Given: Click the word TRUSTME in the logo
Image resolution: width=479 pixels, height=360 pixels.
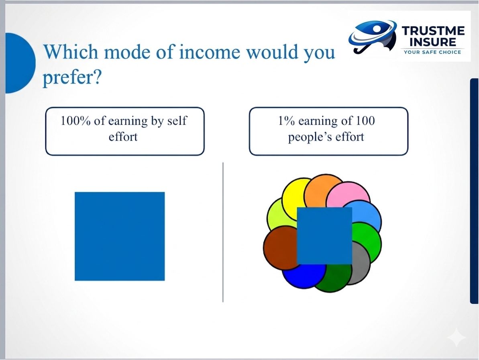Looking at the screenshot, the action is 433,31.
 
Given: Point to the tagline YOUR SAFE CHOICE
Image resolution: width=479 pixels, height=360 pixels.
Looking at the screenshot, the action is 432,52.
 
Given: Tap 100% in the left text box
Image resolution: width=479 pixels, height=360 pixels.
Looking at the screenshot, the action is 75,121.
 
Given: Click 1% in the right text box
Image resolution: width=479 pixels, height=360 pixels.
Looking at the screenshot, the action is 286,121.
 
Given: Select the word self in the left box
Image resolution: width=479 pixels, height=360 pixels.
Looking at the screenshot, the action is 177,121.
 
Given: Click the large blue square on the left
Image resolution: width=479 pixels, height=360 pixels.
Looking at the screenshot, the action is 120,236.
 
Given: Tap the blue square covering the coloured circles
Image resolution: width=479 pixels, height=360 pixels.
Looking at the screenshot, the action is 324,235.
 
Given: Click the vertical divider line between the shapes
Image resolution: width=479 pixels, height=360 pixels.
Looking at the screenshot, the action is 223,232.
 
